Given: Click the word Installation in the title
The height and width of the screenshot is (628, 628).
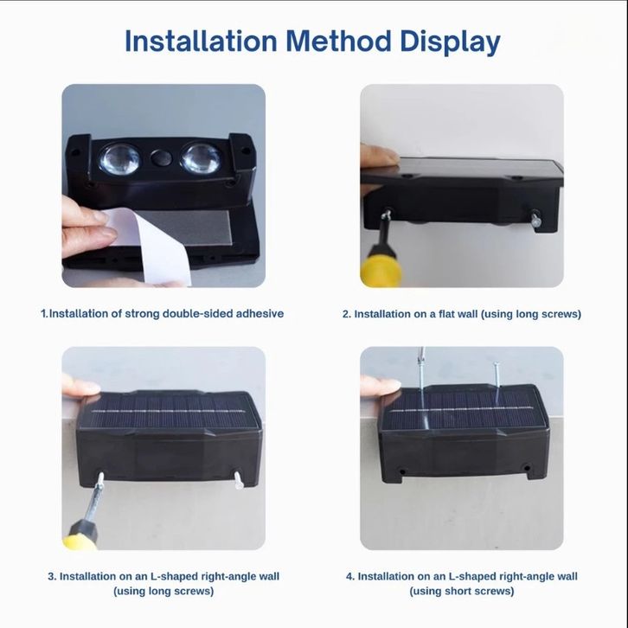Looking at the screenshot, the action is [x=201, y=42].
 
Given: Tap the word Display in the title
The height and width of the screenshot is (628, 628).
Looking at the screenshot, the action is [x=450, y=42].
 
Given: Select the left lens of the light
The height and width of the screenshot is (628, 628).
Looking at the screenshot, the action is [x=119, y=159].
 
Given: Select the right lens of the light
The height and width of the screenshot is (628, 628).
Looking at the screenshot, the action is [x=201, y=158].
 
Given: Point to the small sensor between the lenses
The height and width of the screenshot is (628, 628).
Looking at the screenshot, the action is [x=161, y=157].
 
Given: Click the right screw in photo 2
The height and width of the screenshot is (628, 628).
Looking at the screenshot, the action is [x=535, y=220].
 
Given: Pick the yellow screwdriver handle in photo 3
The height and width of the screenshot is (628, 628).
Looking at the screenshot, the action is [x=80, y=535].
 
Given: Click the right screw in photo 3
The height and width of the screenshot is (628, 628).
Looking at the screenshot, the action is [x=238, y=480].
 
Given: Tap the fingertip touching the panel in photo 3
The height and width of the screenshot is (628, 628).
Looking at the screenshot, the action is [x=82, y=387].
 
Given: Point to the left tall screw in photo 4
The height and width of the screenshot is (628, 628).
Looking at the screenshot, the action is [x=421, y=375].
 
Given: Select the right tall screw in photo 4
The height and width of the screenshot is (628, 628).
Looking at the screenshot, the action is [x=497, y=375].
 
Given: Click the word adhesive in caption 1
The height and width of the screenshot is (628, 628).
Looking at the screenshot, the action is [x=260, y=314].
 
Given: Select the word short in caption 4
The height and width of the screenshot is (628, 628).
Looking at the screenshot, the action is [x=472, y=591].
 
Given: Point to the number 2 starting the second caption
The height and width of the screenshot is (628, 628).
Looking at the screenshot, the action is [x=346, y=314].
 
